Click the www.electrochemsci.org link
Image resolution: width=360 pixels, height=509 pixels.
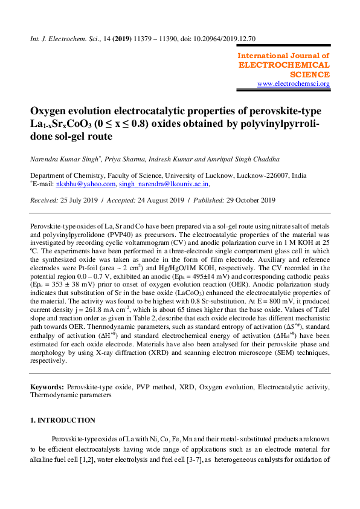pyautogui.click(x=294, y=83)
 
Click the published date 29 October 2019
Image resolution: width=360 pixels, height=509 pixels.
pyautogui.click(x=245, y=200)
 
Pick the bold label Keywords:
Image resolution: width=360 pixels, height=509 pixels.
pyautogui.click(x=47, y=386)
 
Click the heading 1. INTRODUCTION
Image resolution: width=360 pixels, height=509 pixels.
pyautogui.click(x=63, y=421)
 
